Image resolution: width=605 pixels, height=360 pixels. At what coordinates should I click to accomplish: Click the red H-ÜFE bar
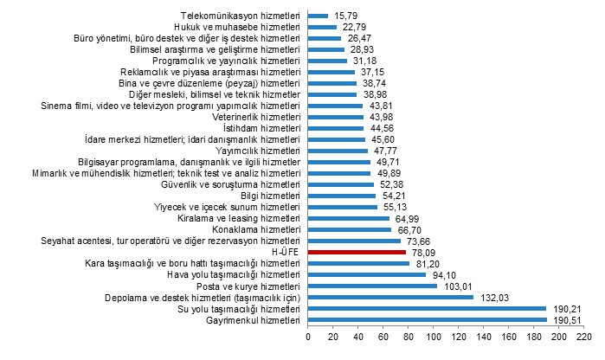click(357, 252)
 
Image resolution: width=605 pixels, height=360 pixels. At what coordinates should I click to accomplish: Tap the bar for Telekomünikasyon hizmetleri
click(318, 16)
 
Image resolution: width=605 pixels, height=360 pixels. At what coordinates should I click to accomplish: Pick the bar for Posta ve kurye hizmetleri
click(372, 286)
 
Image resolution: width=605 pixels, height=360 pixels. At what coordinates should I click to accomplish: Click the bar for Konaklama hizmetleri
click(350, 229)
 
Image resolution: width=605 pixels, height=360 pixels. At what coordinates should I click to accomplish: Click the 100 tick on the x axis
click(433, 338)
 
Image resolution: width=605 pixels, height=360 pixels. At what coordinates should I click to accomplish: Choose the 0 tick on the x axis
click(308, 338)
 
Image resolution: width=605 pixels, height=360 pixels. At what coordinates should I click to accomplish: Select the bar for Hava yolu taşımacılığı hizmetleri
click(367, 274)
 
